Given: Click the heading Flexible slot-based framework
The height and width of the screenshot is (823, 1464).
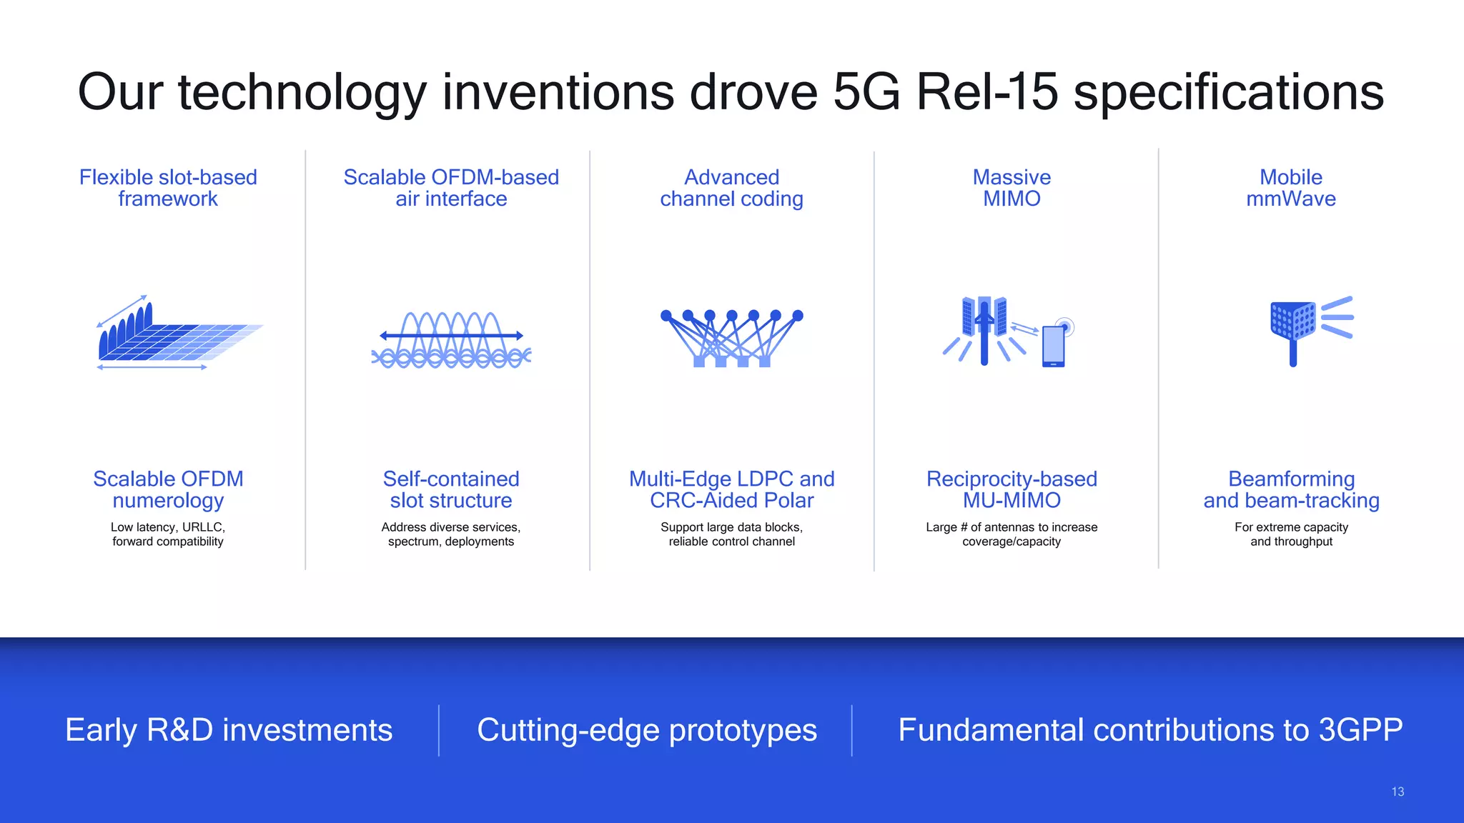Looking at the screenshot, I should click(x=168, y=188).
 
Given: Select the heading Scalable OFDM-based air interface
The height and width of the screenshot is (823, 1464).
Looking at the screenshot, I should click(x=451, y=188).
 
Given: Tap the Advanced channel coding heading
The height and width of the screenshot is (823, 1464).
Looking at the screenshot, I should click(x=731, y=188).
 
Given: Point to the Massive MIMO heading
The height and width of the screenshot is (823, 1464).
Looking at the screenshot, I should click(x=1012, y=188).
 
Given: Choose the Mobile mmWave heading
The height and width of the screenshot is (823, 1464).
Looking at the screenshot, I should click(x=1291, y=188).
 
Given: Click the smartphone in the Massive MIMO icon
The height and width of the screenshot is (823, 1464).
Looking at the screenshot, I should click(x=1054, y=346).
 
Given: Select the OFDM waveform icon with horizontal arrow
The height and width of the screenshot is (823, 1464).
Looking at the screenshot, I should click(x=451, y=339).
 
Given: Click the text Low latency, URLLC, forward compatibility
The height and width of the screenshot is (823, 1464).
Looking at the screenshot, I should click(x=168, y=534).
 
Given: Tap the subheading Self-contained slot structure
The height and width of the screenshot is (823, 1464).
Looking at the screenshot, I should click(x=451, y=489).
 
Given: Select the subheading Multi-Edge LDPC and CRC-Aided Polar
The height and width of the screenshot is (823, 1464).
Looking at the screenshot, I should click(x=731, y=489).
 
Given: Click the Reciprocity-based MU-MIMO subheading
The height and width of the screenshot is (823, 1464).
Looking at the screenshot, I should click(x=1012, y=489).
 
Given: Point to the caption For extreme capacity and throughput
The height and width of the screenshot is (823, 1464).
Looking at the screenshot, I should click(x=1291, y=534).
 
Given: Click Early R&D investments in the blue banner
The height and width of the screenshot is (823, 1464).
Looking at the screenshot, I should click(x=229, y=730).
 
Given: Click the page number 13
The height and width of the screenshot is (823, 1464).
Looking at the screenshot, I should click(x=1398, y=792).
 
